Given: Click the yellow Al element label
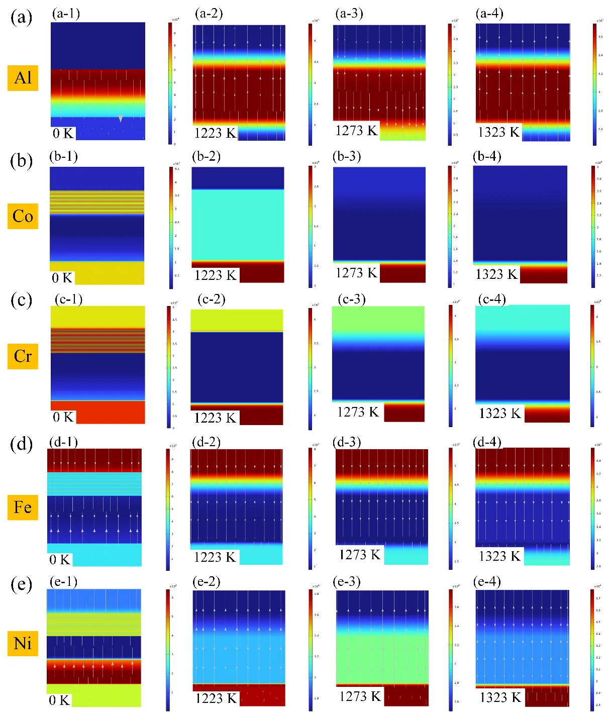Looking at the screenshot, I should tap(23, 78).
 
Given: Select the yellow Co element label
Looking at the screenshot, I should tap(23, 216).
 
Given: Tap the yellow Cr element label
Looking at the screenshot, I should tap(23, 356).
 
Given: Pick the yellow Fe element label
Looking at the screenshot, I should tap(23, 507).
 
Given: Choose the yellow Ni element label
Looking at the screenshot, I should tap(23, 643).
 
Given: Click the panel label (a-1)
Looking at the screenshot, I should tap(66, 13).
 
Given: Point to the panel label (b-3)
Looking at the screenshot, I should tap(347, 156).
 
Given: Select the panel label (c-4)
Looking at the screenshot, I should tap(492, 299).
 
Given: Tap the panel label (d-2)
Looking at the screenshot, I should tap(207, 442).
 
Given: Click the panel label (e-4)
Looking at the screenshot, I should tap(487, 582).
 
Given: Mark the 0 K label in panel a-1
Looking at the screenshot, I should tap(63, 133).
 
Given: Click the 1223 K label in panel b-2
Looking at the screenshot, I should tap(215, 275).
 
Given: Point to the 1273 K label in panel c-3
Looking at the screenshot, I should tap(357, 412).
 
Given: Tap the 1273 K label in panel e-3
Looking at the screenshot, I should tap(360, 696).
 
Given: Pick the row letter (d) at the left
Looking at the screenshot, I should tap(21, 444).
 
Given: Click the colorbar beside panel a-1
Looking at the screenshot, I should tap(170, 83).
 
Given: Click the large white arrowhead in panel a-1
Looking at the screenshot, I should tap(121, 119).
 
